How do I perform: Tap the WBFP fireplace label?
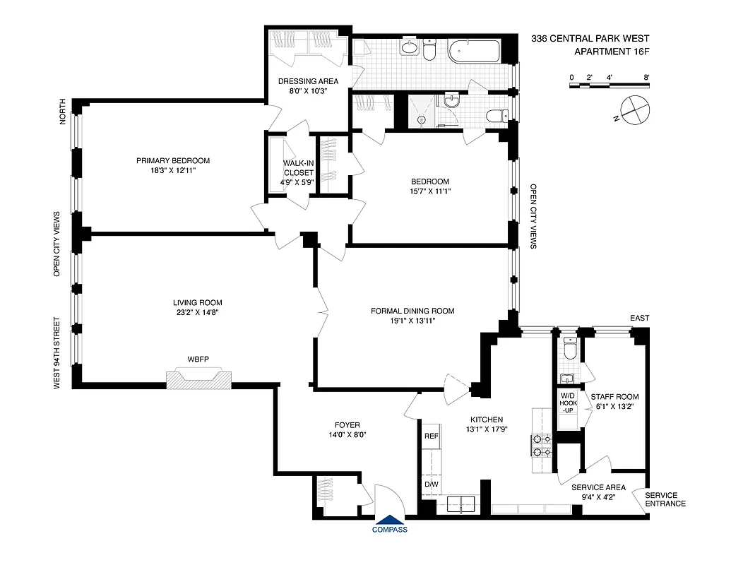pyautogui.click(x=198, y=359)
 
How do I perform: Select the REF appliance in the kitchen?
pyautogui.click(x=431, y=436)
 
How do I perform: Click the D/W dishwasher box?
pyautogui.click(x=431, y=485)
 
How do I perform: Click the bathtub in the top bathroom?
pyautogui.click(x=476, y=52)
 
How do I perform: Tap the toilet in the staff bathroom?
pyautogui.click(x=571, y=348)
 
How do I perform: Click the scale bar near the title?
pyautogui.click(x=609, y=85)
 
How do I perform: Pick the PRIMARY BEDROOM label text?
pyautogui.click(x=173, y=160)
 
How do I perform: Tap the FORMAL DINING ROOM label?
pyautogui.click(x=413, y=311)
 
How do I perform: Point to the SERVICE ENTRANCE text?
pyautogui.click(x=665, y=499)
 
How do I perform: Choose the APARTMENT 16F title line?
pyautogui.click(x=611, y=52)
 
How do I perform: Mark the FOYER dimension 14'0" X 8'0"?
pyautogui.click(x=347, y=435)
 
